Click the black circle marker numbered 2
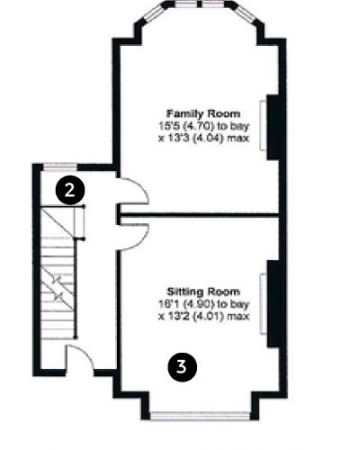pos(70,190)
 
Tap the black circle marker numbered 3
pos(182,367)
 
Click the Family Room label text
pos(203,113)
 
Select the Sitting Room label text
pos(203,292)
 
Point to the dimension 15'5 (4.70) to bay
pos(203,126)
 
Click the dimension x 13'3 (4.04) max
pos(204,139)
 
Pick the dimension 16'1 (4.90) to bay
pos(203,304)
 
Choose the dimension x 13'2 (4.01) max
pos(204,316)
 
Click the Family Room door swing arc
pos(144,186)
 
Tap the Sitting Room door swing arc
pos(143,241)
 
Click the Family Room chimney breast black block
pos(273,127)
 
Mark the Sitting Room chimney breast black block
pos(273,304)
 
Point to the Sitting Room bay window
pos(200,416)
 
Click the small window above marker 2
pos(60,166)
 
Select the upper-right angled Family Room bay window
pos(245,13)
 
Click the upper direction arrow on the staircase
pos(57,281)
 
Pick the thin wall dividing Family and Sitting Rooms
pos(199,215)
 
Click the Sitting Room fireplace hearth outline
pos(263,303)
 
